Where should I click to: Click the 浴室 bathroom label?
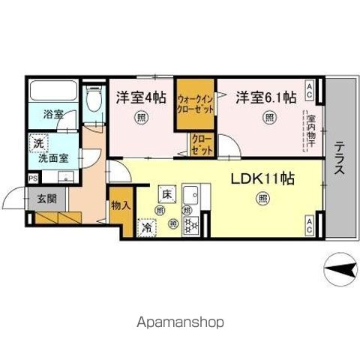52,115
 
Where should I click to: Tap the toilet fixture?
94,105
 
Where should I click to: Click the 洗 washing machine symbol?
37,141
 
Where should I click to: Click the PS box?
33,178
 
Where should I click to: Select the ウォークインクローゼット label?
195,103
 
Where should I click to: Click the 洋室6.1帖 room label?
265,97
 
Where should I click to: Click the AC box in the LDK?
310,226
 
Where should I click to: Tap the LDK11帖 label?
262,179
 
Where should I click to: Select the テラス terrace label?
339,159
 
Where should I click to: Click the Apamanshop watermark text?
180,322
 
